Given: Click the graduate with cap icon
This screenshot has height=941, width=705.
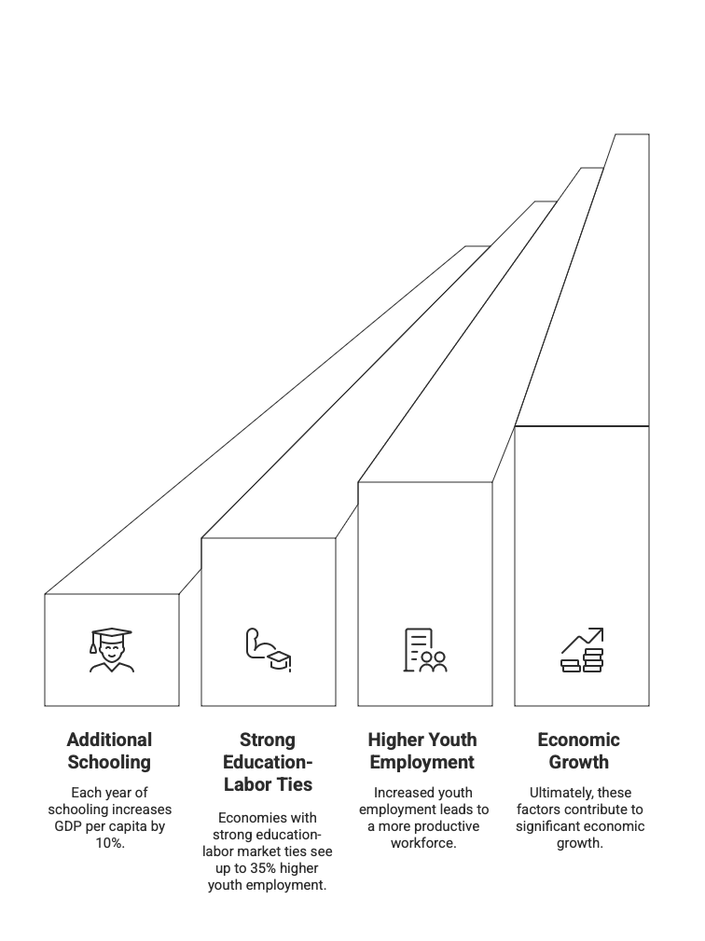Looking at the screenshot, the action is (111, 650).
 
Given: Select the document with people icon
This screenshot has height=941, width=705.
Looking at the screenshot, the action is (424, 650).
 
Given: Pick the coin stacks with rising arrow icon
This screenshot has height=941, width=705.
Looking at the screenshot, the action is (582, 650).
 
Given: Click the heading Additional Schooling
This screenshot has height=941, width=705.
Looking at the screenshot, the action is (110, 751).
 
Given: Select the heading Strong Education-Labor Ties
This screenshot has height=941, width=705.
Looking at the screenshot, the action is (268, 762).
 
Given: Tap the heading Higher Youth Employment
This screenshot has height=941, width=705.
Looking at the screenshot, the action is (422, 751).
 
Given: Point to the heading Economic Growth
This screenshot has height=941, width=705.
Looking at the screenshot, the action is (579, 751).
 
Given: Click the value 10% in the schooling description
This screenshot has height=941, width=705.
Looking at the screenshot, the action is (110, 843).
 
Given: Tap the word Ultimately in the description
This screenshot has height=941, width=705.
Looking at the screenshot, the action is (553, 793).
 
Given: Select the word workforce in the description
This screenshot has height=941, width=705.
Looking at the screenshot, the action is (423, 843).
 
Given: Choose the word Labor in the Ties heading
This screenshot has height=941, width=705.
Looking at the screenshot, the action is (245, 784).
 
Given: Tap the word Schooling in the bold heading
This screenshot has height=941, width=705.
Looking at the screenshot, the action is (110, 762).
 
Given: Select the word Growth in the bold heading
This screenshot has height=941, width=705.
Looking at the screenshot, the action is (579, 762).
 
